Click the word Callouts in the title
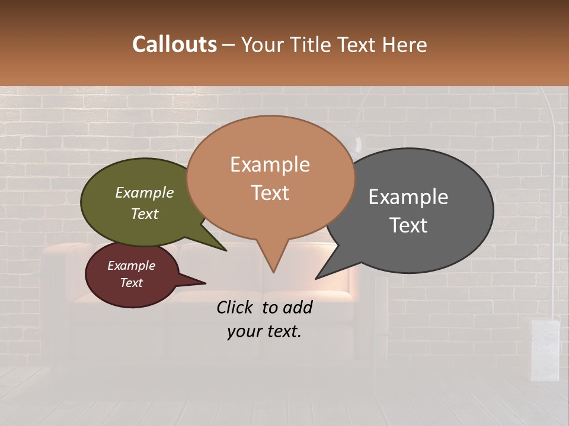tap(174, 45)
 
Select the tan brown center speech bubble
tap(270, 177)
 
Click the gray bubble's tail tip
tap(316, 278)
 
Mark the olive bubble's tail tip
tap(226, 250)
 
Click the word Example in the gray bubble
tap(408, 197)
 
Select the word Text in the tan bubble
tap(270, 193)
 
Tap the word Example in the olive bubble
tap(145, 193)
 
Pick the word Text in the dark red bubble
tap(132, 283)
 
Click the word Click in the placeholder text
tap(235, 307)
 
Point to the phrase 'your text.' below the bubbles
tap(264, 331)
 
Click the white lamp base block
tap(545, 349)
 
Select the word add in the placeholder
tap(298, 307)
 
